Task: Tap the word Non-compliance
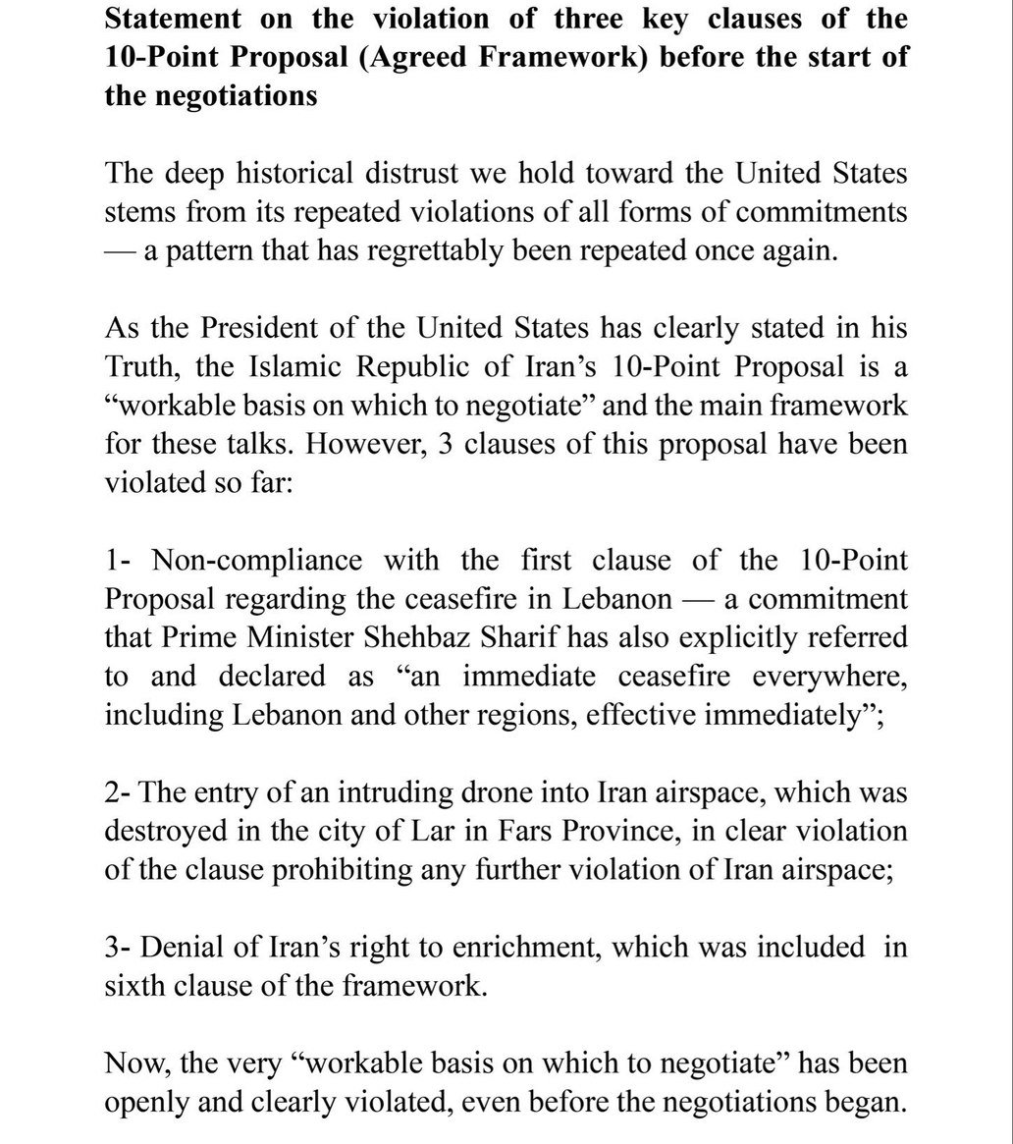point(257,560)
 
